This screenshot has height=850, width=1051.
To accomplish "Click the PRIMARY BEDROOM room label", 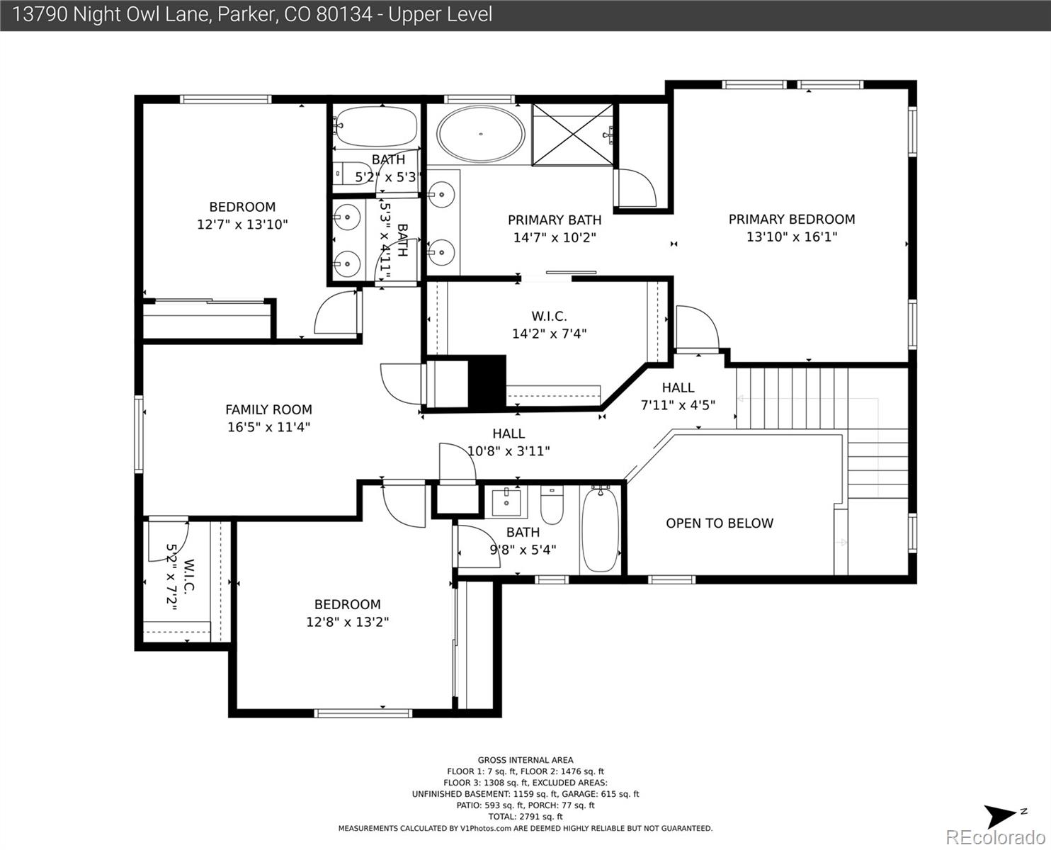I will pos(791,220).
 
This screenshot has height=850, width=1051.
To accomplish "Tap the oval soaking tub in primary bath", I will pos(481,134).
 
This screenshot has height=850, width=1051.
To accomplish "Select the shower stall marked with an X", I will pos(572,134).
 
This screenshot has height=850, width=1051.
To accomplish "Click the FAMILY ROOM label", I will pos(268,409).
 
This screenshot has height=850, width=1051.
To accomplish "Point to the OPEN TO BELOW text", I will pos(719,523).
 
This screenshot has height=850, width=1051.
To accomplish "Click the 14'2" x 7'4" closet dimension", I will pos(549,334).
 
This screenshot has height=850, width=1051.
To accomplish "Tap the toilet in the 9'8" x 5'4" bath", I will pos(552,504).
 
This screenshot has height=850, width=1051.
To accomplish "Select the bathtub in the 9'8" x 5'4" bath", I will pos(600,529).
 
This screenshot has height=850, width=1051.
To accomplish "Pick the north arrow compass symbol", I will pos(1004,816).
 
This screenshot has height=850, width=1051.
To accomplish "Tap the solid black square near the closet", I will pos(487,381).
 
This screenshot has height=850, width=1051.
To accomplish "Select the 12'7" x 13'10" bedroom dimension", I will pos(242,225).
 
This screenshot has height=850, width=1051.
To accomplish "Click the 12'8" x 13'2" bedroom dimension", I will pos(347,622).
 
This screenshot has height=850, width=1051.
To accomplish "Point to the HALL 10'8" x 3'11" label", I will pos(509,442).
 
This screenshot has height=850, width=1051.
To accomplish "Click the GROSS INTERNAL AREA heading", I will pos(525,760).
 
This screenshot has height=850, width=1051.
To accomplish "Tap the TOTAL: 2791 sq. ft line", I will pos(525,817).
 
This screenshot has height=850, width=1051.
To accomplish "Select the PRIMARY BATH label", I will pos(554,220).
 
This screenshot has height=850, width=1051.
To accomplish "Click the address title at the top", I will pos(252,14).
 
